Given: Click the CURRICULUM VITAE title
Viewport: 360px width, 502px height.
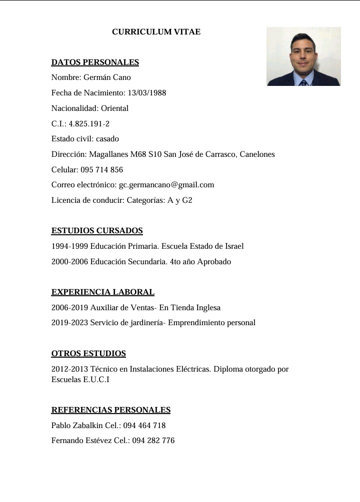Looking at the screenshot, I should point(156,32).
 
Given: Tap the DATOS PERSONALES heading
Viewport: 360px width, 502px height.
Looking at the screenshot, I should point(95,62).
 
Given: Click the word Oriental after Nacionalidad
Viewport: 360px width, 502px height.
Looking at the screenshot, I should point(115,108).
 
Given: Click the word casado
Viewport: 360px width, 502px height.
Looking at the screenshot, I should point(107,139).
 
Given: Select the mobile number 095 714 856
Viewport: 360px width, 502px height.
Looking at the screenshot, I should point(101,170).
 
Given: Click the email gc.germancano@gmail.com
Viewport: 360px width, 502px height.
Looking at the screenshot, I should point(166,185).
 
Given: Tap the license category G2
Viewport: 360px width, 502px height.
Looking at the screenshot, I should point(187,200).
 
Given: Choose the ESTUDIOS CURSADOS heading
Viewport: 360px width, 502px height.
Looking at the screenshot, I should point(97,231).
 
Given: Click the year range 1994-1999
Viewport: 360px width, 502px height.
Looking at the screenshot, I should point(69,246).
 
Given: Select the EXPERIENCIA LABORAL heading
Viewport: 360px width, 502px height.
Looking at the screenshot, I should point(102,292).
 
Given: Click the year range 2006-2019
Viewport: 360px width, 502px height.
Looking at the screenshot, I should point(69,308).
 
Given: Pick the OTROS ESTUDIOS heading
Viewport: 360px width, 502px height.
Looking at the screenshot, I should point(88,354).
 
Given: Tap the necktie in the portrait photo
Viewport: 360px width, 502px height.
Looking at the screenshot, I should point(303,83).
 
